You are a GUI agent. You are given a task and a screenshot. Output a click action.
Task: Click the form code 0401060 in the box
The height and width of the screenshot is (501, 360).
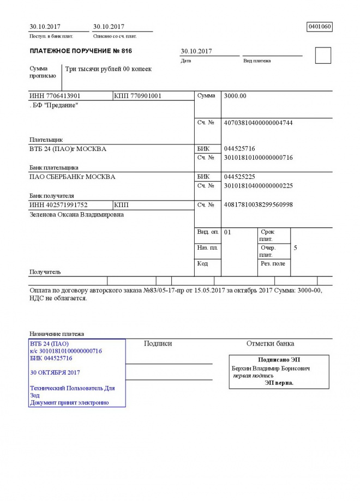(320, 26)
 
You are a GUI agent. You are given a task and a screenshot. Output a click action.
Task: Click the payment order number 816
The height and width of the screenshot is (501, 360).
(127, 51)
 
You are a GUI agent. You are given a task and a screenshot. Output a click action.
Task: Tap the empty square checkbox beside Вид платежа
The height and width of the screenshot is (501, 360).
(323, 56)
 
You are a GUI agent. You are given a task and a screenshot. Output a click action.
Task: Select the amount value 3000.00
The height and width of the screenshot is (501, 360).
(236, 96)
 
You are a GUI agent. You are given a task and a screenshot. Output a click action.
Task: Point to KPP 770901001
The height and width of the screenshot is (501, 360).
(138, 96)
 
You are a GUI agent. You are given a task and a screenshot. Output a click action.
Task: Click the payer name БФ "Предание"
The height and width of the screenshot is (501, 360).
(55, 105)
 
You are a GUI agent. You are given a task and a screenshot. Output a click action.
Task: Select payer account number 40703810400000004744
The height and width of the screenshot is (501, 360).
(259, 123)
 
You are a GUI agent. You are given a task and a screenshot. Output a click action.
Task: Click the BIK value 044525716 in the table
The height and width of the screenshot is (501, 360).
(239, 149)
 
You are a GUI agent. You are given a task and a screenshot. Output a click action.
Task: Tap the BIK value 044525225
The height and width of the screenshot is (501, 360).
(239, 177)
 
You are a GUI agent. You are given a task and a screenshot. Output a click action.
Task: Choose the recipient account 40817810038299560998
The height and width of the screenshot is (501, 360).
(259, 205)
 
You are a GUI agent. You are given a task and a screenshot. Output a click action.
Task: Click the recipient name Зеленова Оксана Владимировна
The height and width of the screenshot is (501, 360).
(76, 215)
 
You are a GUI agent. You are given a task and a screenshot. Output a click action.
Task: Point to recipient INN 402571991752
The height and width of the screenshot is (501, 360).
(58, 205)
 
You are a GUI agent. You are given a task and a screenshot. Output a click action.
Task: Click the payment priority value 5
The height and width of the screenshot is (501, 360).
(295, 248)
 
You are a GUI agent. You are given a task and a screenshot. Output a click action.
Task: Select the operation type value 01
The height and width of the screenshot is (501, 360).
(228, 233)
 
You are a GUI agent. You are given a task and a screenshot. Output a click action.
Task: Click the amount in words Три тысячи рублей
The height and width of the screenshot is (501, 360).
(109, 70)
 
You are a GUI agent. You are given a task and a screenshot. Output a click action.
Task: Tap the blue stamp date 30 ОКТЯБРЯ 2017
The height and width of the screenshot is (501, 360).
(56, 373)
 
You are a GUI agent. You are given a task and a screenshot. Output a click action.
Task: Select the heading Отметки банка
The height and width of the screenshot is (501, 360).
(270, 344)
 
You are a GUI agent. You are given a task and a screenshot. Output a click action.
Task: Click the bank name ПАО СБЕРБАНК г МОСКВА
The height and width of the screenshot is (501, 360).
(72, 177)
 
